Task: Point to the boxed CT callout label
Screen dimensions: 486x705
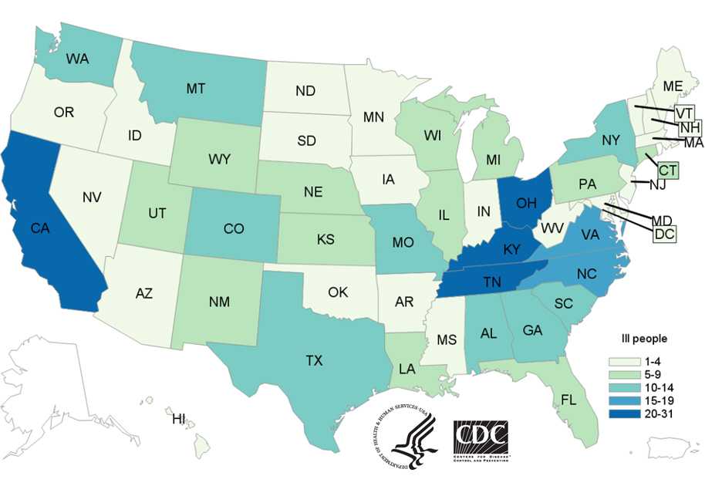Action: point(667,167)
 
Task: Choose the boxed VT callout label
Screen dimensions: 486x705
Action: point(683,112)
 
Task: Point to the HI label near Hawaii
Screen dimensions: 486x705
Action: point(179,419)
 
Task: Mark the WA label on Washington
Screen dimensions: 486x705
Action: point(76,59)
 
